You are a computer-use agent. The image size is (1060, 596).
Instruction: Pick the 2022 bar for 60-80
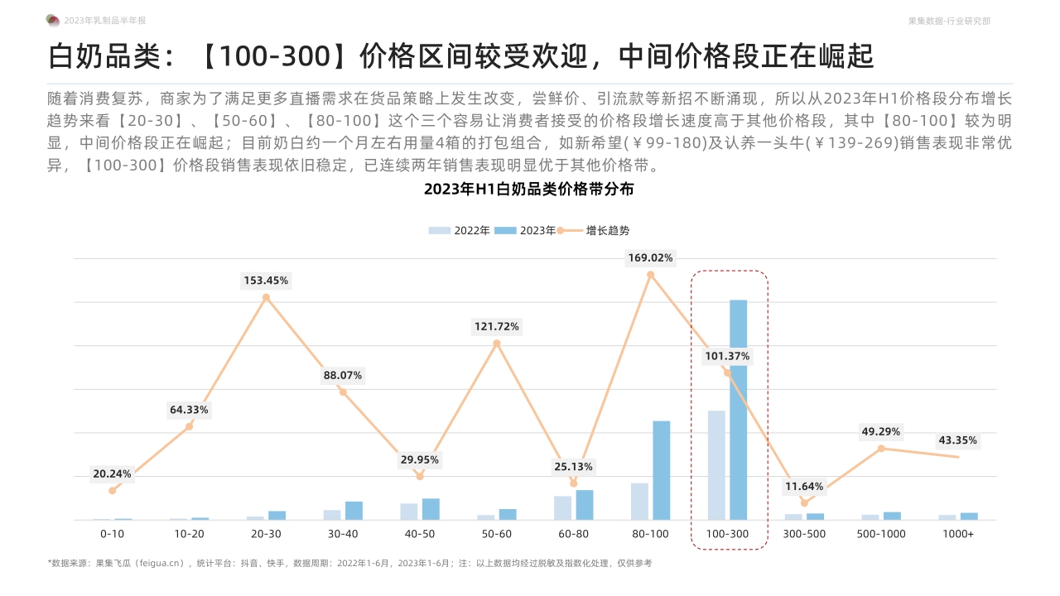[563, 507]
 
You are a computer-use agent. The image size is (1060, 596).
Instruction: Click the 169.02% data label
[650, 257]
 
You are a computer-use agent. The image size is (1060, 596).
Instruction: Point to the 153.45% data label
[266, 281]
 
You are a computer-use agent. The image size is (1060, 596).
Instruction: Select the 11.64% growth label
[803, 487]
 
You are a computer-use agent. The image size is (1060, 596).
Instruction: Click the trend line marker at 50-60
[497, 344]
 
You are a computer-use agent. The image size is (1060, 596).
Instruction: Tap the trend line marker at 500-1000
[881, 449]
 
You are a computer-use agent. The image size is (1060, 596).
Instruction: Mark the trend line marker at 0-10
[113, 490]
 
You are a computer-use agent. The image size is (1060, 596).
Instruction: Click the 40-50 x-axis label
[420, 534]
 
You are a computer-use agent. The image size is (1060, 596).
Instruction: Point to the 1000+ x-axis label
[958, 534]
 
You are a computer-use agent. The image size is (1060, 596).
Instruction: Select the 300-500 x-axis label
[804, 534]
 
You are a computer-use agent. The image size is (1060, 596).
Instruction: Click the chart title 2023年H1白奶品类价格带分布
[529, 189]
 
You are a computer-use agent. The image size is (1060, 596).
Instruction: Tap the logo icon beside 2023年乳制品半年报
[52, 20]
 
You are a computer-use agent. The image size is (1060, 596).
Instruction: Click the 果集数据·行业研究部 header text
[949, 21]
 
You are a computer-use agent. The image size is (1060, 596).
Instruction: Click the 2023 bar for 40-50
[431, 509]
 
